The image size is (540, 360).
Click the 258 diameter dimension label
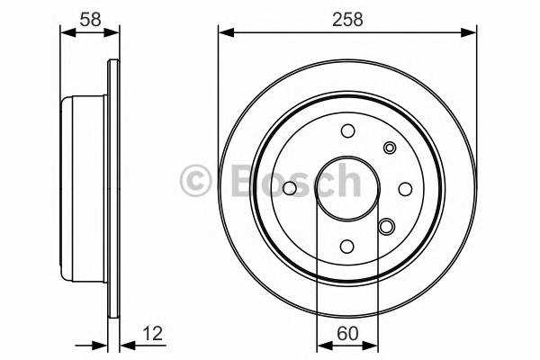[346, 18]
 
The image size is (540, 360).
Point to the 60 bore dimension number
[346, 333]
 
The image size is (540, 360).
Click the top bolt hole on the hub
[347, 131]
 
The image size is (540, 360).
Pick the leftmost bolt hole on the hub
[290, 188]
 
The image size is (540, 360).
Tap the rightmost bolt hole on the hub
[404, 188]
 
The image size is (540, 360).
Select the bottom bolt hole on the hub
[347, 245]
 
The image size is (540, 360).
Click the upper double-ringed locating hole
[390, 148]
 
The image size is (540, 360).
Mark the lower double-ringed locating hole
[387, 226]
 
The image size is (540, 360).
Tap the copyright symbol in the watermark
[196, 180]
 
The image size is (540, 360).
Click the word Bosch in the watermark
[288, 180]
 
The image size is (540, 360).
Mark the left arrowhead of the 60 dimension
[322, 346]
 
